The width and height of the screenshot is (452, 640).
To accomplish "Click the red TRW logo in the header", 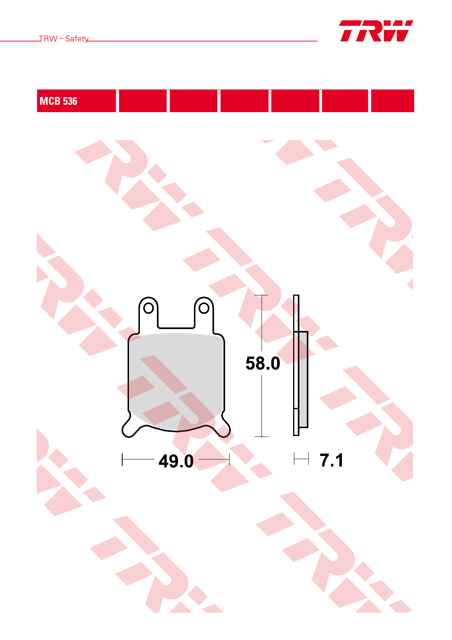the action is click(376, 31).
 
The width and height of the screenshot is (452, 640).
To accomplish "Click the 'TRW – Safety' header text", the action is click(64, 39).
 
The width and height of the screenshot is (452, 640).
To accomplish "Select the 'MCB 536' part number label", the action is click(59, 101).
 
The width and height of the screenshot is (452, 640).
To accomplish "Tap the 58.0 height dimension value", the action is click(263, 363).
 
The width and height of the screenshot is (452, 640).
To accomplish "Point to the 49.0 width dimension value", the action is click(176, 461).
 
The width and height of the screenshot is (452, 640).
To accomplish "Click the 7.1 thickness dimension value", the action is click(331, 460).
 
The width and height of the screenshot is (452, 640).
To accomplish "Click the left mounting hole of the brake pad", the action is click(148, 308).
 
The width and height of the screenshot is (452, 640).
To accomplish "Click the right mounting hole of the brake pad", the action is click(204, 308).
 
